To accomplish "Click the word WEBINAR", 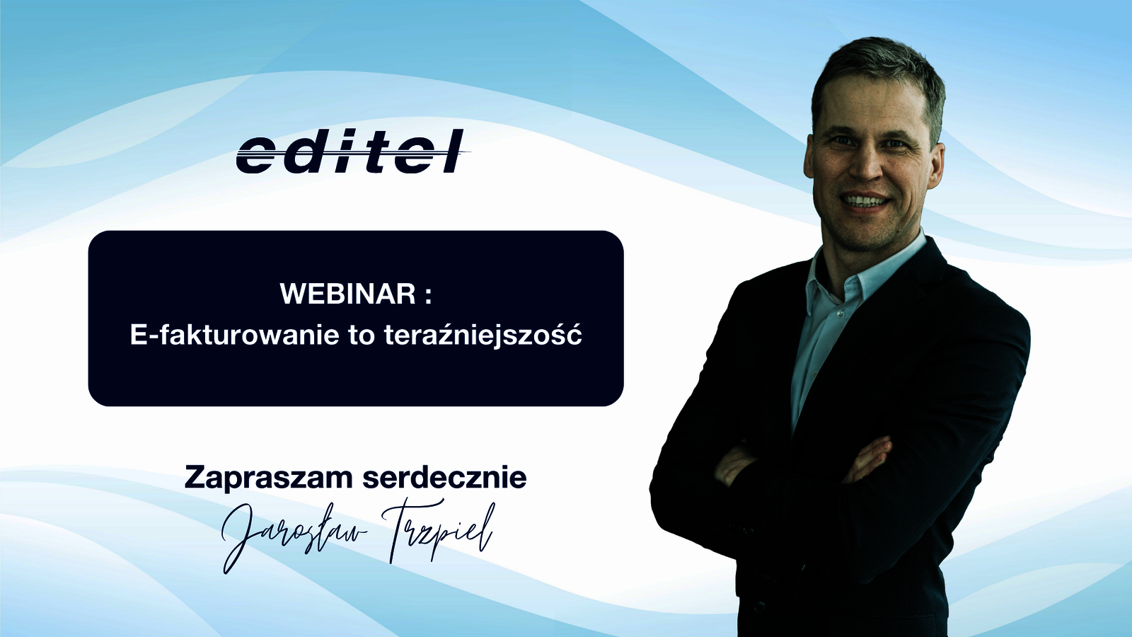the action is [x=348, y=294].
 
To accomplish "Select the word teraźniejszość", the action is [x=483, y=335].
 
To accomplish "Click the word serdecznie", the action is [x=445, y=478].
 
